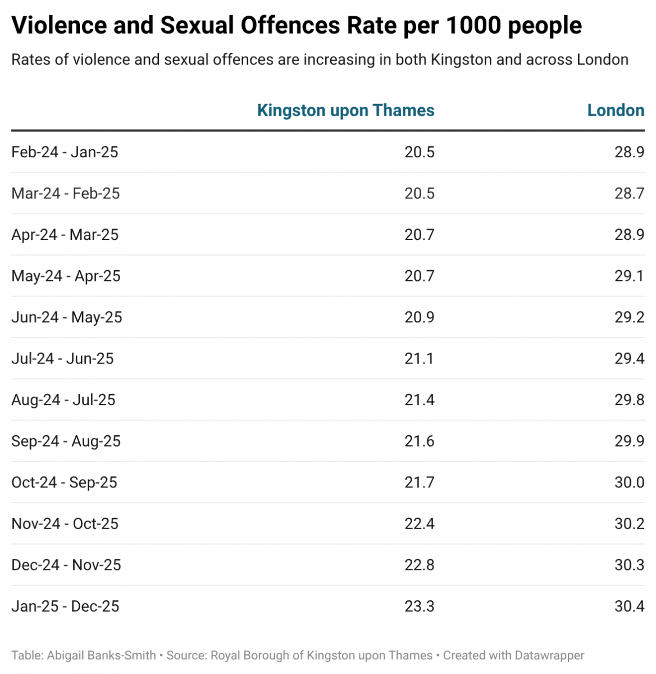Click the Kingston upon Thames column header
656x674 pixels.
pos(345,110)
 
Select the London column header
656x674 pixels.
pos(616,110)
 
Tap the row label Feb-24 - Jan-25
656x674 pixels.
pos(65,152)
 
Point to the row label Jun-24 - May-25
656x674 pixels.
pos(67,317)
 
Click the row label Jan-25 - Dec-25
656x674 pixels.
pos(65,606)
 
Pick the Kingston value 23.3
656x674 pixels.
pos(419,606)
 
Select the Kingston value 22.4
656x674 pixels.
pos(419,523)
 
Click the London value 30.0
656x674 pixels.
pos(629,482)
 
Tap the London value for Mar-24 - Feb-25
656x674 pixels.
pos(629,193)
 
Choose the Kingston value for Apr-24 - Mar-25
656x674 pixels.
pos(419,235)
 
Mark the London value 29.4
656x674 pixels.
pos(629,358)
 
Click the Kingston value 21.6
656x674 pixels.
pos(419,441)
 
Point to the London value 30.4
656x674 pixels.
pos(629,606)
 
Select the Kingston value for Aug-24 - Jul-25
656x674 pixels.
pos(419,400)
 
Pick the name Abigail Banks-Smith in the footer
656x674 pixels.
pos(102,655)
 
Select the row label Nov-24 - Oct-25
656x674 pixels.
pos(65,523)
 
